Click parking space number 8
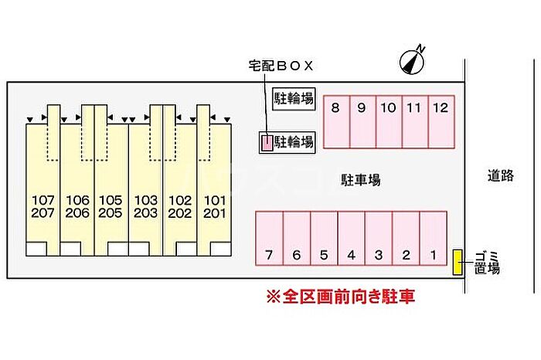335,121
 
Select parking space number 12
441,121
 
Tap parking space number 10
388,121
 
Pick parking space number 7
269,239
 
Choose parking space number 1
434,239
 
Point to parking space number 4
351,239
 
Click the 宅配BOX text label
280,66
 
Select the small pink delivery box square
266,142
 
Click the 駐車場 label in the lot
361,180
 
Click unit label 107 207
44,206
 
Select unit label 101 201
214,206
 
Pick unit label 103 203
145,206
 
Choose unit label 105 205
111,206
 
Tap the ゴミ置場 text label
487,263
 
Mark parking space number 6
297,239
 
